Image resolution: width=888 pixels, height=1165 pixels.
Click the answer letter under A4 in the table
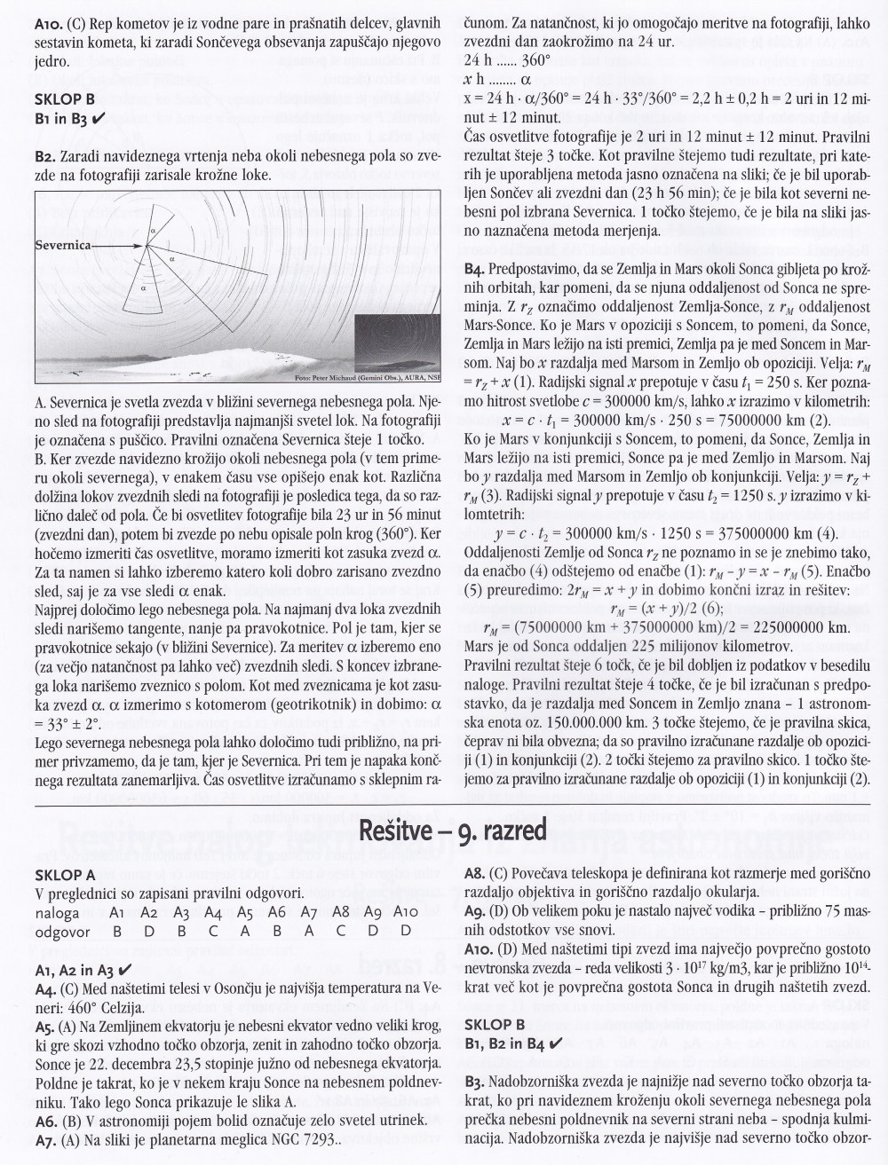coord(213,931)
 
